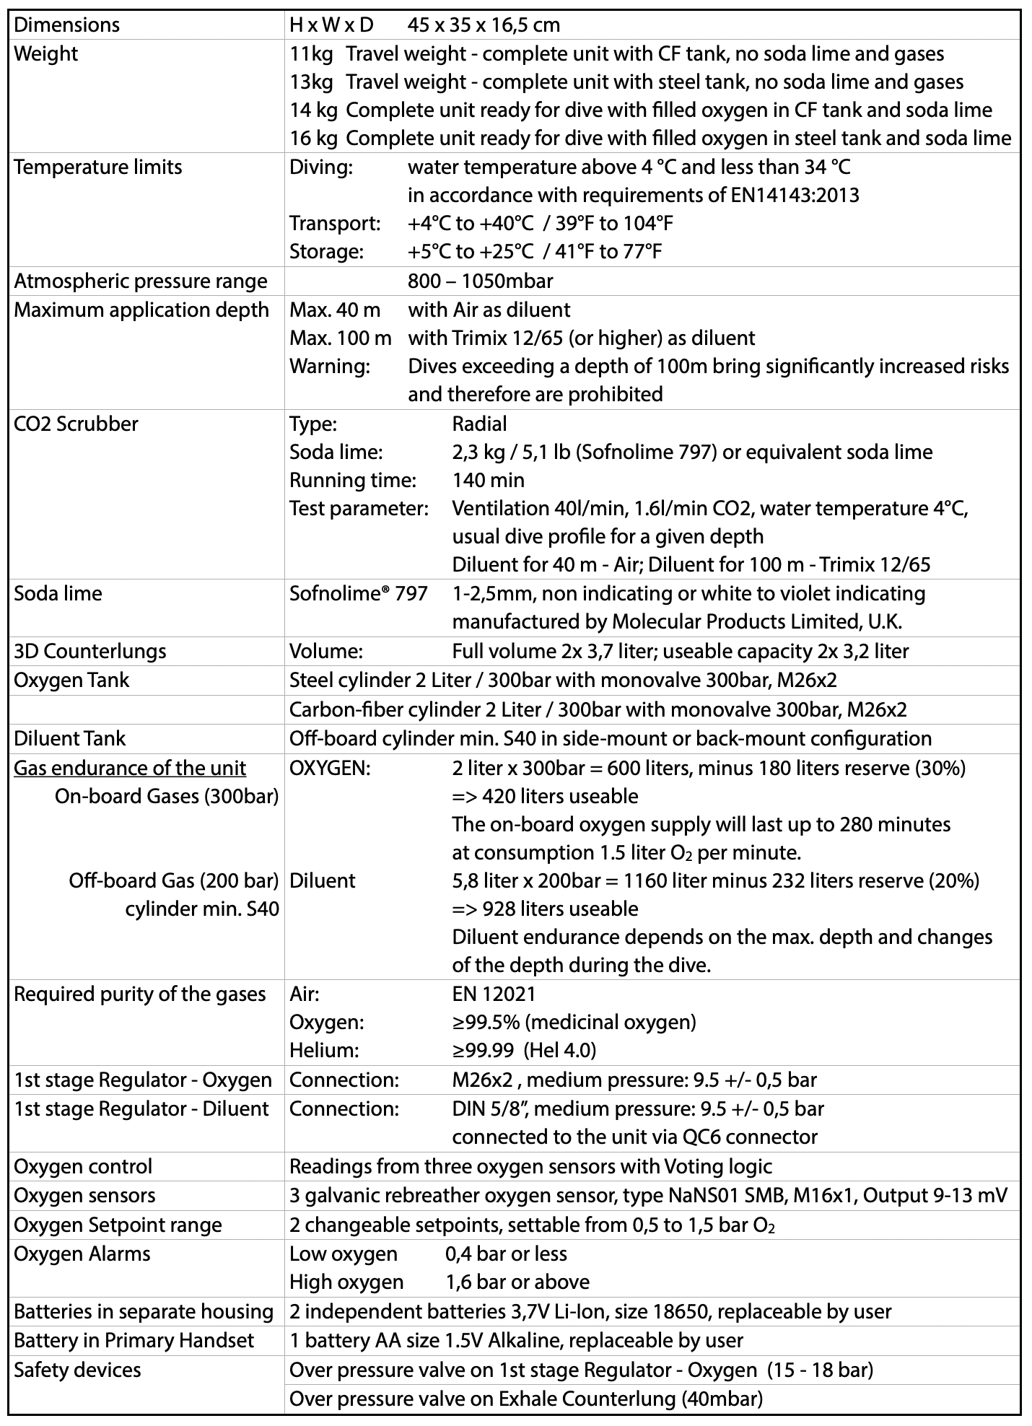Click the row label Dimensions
67,25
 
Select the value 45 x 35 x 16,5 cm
484,25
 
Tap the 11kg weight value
311,54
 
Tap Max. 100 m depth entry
341,338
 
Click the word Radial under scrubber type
479,424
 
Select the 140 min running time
489,480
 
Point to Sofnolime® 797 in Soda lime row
358,594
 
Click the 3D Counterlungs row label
90,651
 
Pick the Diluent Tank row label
70,738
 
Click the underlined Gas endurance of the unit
130,768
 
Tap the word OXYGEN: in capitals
330,768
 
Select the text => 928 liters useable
545,909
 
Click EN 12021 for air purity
494,994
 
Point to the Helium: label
324,1050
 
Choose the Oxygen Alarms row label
82,1254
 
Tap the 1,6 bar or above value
517,1282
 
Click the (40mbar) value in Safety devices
722,1399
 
